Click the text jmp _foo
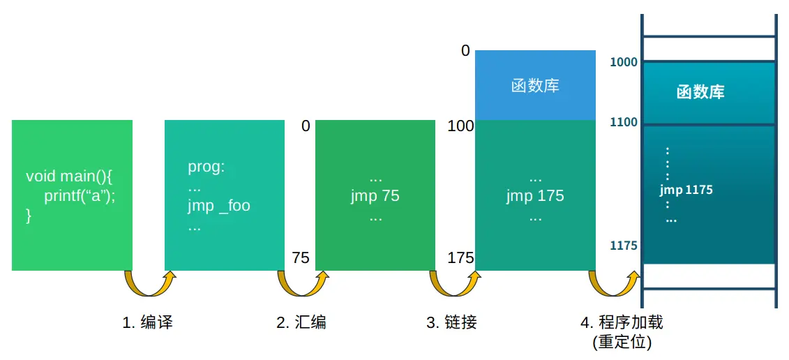point(218,206)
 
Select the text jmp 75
point(375,195)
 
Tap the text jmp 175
point(535,195)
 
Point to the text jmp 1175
point(686,189)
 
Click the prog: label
point(206,167)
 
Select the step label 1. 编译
point(147,322)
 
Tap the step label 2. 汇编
point(301,322)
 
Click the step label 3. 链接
point(451,322)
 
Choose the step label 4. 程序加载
point(622,322)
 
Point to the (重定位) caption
point(622,342)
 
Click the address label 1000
point(624,62)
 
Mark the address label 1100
point(624,123)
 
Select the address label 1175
point(624,246)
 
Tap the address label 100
point(460,126)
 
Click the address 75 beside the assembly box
point(301,258)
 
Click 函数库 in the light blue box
point(535,86)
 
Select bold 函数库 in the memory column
point(700,92)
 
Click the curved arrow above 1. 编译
point(149,283)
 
